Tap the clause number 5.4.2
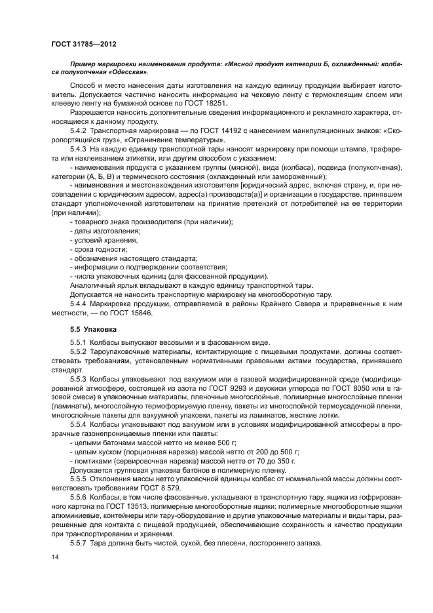[x=80, y=131]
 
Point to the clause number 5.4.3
[x=80, y=151]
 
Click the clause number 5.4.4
[x=80, y=304]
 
